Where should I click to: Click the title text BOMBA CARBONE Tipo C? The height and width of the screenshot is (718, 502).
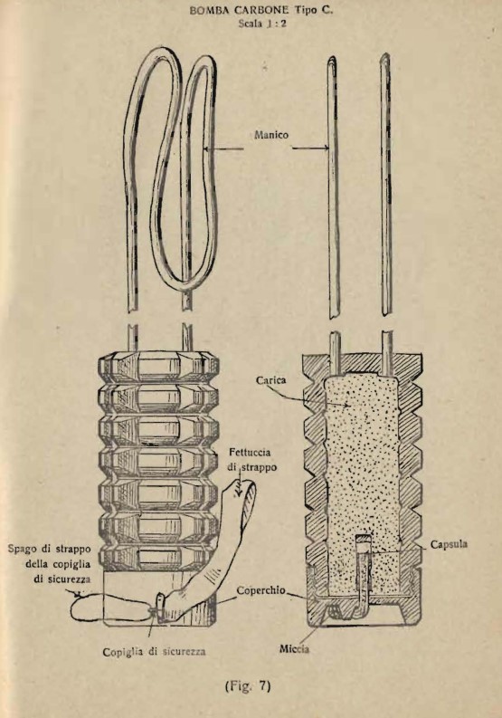point(260,10)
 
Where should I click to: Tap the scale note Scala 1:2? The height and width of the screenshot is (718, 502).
point(262,24)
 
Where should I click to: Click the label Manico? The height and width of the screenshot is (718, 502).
point(271,135)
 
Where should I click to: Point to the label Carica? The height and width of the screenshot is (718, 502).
point(271,379)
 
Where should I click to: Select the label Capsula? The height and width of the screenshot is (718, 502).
point(449,544)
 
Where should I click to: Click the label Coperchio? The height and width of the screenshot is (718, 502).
point(260,590)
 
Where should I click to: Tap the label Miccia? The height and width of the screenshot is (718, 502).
point(294,648)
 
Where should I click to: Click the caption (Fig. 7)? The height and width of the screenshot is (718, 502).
point(248,685)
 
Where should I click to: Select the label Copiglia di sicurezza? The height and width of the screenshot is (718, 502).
point(154,652)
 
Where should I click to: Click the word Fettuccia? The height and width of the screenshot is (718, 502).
point(250,453)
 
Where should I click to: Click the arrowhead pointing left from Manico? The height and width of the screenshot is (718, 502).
point(206,148)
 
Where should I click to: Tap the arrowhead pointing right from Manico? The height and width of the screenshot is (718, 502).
point(326,148)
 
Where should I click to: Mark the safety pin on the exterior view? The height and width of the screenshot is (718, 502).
point(161,607)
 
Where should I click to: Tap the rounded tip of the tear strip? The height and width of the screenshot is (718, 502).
point(248,485)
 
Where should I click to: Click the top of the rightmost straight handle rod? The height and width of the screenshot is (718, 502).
point(386,56)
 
